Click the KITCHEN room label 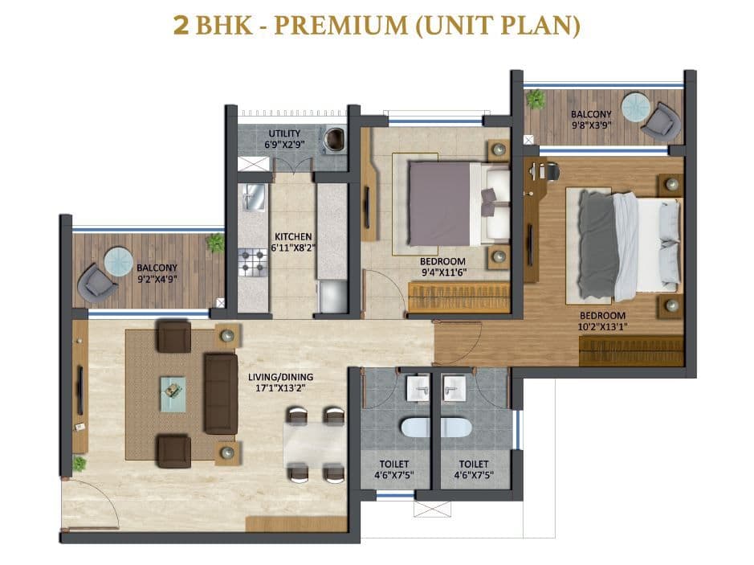pos(292,236)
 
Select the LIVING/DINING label pos(280,376)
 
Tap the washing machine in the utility pos(334,140)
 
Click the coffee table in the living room pos(173,393)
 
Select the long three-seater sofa pos(220,393)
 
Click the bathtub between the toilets pos(434,428)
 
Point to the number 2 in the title pos(181,25)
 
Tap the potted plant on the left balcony pos(215,242)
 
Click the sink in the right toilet pos(454,389)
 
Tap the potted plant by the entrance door pos(79,464)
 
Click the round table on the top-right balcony pos(636,106)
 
